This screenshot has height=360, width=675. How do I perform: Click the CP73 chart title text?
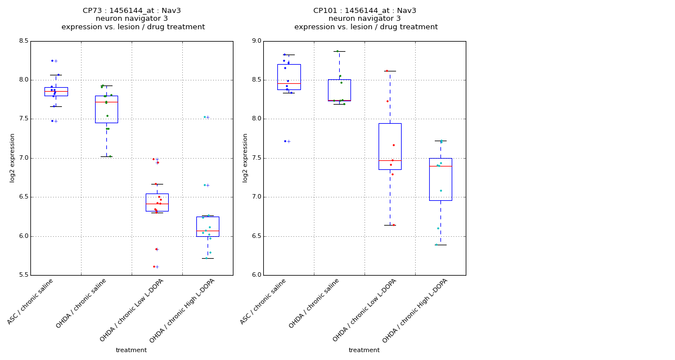132,11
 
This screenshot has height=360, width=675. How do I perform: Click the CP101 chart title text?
365,11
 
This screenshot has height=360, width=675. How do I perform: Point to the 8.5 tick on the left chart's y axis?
23,41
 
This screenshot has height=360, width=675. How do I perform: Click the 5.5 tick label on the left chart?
23,275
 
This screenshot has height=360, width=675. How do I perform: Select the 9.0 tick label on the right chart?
256,41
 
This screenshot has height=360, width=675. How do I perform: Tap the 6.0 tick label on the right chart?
256,275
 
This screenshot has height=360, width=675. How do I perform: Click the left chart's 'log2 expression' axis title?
12,157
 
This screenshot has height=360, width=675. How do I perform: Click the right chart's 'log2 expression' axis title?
245,157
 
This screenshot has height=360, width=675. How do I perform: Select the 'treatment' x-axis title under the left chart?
131,350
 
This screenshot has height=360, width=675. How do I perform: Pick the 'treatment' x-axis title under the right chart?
364,350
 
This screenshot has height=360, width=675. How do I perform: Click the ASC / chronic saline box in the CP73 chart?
56,92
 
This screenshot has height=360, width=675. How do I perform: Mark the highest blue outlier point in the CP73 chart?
52,61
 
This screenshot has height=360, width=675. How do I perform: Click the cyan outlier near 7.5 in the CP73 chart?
205,117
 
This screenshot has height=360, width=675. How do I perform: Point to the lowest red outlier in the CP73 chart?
154,267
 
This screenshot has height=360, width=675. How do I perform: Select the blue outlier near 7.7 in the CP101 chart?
285,141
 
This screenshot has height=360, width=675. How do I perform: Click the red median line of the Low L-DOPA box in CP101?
390,160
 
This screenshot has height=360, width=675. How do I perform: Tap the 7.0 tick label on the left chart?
23,158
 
